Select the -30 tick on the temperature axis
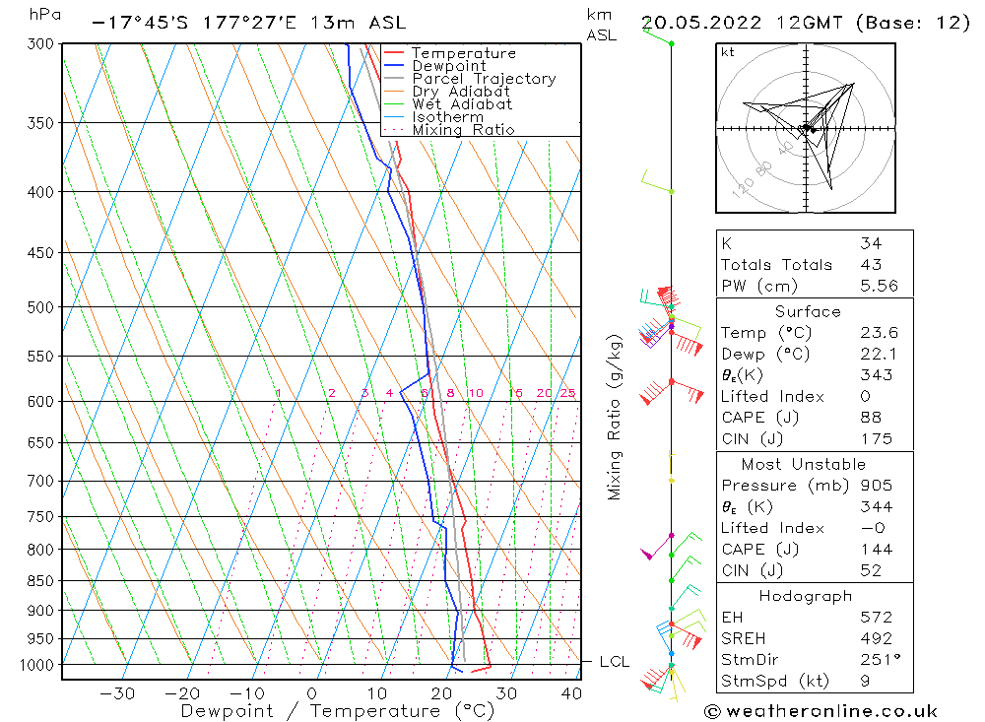(x=117, y=693)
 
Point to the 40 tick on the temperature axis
(x=570, y=693)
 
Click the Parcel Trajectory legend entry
(x=484, y=79)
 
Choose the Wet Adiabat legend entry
(x=462, y=104)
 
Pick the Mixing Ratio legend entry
(x=463, y=130)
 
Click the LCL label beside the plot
(x=614, y=663)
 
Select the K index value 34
(x=871, y=243)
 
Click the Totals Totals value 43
(x=871, y=265)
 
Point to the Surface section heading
(x=808, y=312)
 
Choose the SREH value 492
(x=876, y=638)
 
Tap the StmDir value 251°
(x=876, y=660)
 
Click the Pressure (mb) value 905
(x=876, y=486)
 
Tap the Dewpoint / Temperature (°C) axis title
(x=338, y=711)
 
